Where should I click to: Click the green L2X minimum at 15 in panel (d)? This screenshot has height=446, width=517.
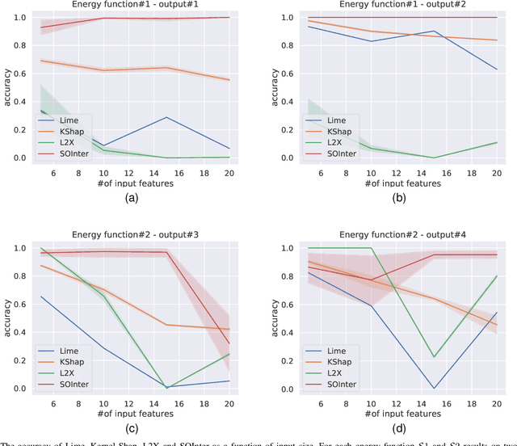point(456,357)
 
